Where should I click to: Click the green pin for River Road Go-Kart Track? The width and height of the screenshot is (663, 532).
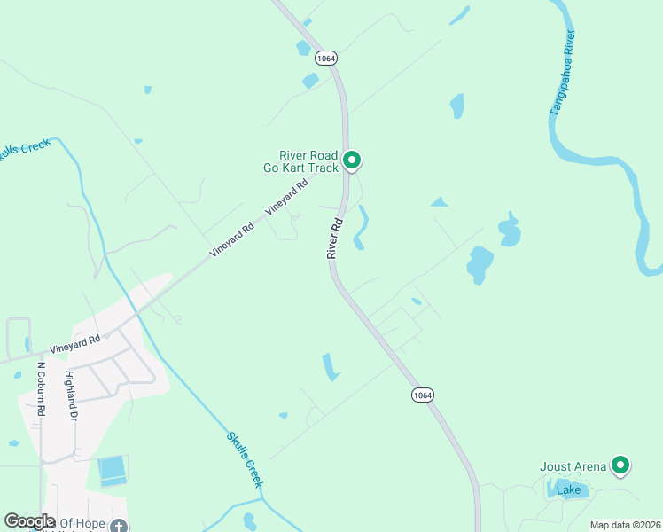[x=352, y=160]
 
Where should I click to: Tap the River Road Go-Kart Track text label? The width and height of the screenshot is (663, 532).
[x=301, y=161]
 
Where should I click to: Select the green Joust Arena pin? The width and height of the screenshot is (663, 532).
[x=620, y=465]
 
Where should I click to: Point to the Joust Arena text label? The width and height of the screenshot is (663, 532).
[x=573, y=466]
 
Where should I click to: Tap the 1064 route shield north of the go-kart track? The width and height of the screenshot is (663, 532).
[x=324, y=57]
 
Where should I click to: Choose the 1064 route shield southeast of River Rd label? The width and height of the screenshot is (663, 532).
[x=422, y=395]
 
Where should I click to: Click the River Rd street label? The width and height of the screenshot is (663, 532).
[x=334, y=239]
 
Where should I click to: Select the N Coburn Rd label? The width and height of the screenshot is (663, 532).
[x=41, y=388]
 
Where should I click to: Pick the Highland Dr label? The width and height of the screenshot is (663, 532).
[x=68, y=395]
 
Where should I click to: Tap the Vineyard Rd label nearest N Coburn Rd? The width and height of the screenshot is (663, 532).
[x=75, y=343]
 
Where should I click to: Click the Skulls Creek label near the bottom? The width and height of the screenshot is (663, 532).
[x=245, y=458]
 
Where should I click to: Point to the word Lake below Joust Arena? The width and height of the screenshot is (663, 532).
[x=567, y=489]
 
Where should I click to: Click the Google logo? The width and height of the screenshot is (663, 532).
[x=29, y=521]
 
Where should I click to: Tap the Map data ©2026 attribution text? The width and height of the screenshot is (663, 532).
[x=625, y=525]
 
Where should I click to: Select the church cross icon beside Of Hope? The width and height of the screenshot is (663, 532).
[x=118, y=525]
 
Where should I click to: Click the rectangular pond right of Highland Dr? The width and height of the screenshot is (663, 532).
[x=113, y=470]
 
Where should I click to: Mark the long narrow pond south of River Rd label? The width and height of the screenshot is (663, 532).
[x=330, y=367]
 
